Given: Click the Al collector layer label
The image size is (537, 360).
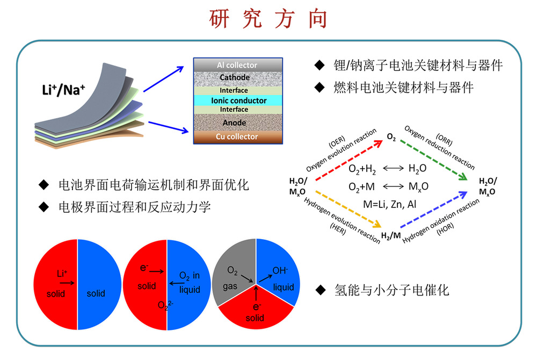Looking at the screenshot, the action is [x=237, y=65].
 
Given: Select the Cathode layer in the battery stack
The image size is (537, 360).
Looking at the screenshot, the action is [x=238, y=78].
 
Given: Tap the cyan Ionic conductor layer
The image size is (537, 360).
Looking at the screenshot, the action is [x=238, y=100].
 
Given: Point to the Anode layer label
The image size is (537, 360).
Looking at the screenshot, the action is [x=234, y=123].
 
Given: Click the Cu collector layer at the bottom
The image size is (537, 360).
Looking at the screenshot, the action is [x=238, y=137].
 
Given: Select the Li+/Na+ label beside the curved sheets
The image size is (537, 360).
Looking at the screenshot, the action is [x=63, y=90].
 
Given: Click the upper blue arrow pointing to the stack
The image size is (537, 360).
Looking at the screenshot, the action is [x=163, y=79].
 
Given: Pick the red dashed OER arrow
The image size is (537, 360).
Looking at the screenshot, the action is [x=349, y=160].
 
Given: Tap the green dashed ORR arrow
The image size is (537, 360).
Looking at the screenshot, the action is [x=434, y=160].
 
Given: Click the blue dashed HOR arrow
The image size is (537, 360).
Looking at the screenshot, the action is [x=434, y=209].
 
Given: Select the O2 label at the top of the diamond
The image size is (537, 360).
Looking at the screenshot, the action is [x=391, y=137].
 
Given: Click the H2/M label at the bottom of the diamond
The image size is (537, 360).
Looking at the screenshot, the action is [x=391, y=236].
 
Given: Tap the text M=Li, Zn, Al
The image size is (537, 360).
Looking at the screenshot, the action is [x=390, y=205].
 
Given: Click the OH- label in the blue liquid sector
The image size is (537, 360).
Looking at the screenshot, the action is [x=280, y=271].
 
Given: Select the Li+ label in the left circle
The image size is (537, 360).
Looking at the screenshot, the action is [x=62, y=273].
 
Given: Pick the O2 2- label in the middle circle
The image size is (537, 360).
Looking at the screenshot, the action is [x=165, y=305].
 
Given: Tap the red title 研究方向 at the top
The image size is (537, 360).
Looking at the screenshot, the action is [x=268, y=19].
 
